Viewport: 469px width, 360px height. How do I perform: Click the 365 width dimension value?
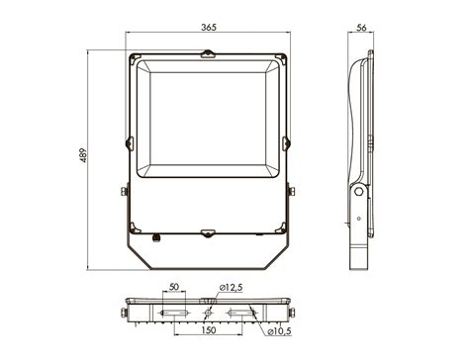click(x=209, y=27)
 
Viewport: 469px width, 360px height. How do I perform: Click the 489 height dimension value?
click(x=84, y=155)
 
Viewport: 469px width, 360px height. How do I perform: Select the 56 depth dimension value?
click(x=361, y=28)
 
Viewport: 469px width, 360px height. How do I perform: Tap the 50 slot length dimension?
click(x=174, y=287)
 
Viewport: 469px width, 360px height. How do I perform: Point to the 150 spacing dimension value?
click(x=209, y=330)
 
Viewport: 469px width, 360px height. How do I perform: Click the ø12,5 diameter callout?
click(x=231, y=288)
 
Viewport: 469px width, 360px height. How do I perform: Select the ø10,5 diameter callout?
click(x=279, y=331)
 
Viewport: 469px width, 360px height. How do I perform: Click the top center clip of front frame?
click(x=208, y=54)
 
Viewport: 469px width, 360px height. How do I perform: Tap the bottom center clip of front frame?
click(x=208, y=233)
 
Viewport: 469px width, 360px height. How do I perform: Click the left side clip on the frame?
click(x=130, y=143)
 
